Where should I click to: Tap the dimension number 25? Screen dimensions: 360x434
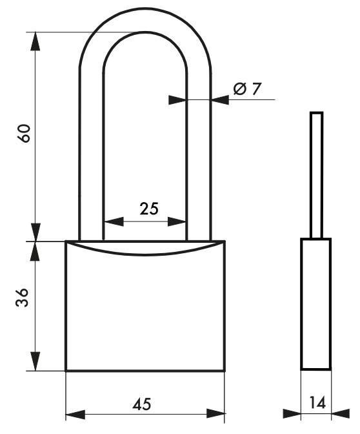tap(148, 208)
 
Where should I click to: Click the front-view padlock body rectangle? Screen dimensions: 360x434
tap(145, 310)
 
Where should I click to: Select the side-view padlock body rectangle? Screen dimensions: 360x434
tap(316, 304)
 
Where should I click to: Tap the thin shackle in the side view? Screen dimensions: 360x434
tap(315, 174)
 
